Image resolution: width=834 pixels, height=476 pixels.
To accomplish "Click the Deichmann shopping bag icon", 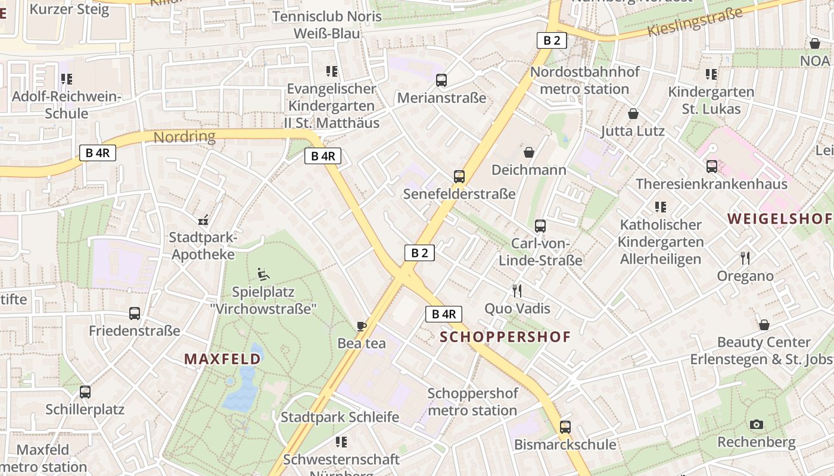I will pyautogui.click(x=528, y=152).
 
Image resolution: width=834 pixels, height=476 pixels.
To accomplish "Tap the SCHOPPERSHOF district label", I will pyautogui.click(x=505, y=337).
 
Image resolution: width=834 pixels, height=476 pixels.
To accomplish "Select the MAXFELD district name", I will pyautogui.click(x=223, y=359).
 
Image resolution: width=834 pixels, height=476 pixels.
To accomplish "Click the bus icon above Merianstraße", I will pyautogui.click(x=441, y=80).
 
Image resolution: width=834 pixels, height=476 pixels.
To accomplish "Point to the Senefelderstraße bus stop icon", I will pyautogui.click(x=459, y=177).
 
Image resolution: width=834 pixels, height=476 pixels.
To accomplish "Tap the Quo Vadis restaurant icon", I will pyautogui.click(x=516, y=291).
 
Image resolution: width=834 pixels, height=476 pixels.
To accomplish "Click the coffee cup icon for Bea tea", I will pyautogui.click(x=361, y=325).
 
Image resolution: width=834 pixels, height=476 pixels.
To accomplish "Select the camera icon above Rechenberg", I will pyautogui.click(x=757, y=424).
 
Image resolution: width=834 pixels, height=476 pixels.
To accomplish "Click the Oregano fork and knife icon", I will pyautogui.click(x=745, y=258).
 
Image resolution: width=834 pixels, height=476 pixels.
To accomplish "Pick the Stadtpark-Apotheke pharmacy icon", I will pyautogui.click(x=204, y=220).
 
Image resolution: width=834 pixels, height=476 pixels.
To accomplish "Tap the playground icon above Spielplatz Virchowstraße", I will pyautogui.click(x=263, y=274).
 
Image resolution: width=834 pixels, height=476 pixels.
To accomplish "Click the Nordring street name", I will pyautogui.click(x=184, y=137).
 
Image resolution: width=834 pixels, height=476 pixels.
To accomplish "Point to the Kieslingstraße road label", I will pyautogui.click(x=695, y=22).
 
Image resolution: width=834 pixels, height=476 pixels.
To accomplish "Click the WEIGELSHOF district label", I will pyautogui.click(x=779, y=218).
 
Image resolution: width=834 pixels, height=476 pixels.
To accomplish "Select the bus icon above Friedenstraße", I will pyautogui.click(x=135, y=314).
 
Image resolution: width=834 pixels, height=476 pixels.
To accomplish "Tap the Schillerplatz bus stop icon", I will pyautogui.click(x=85, y=392).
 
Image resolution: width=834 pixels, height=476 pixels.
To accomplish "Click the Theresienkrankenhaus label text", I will pyautogui.click(x=711, y=184).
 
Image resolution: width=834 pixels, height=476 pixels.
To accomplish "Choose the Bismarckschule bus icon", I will pyautogui.click(x=565, y=427).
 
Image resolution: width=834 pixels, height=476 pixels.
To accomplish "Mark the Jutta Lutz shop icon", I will pyautogui.click(x=633, y=114).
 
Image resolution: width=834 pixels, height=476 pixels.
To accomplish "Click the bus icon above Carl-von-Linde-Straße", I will pyautogui.click(x=540, y=226).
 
